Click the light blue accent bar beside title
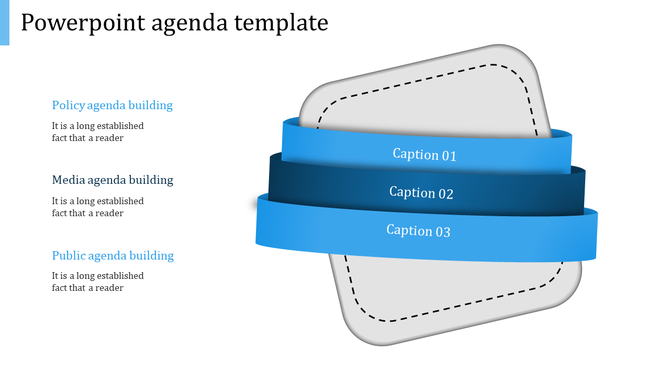coord(4,22)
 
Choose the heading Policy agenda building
coord(112,105)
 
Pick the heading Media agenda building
coord(112,180)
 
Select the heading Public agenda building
coord(112,255)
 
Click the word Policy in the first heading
coord(68,105)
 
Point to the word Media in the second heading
coord(69,180)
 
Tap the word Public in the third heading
coord(69,255)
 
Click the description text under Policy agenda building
coord(97,132)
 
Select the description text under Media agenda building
coord(97,207)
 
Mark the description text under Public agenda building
coord(97,281)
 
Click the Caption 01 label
coord(424,155)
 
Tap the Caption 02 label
coord(421,193)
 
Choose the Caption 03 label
coord(418,231)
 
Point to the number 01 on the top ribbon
coord(449,155)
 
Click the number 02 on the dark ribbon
coord(446,193)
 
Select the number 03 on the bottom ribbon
coord(443,231)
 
